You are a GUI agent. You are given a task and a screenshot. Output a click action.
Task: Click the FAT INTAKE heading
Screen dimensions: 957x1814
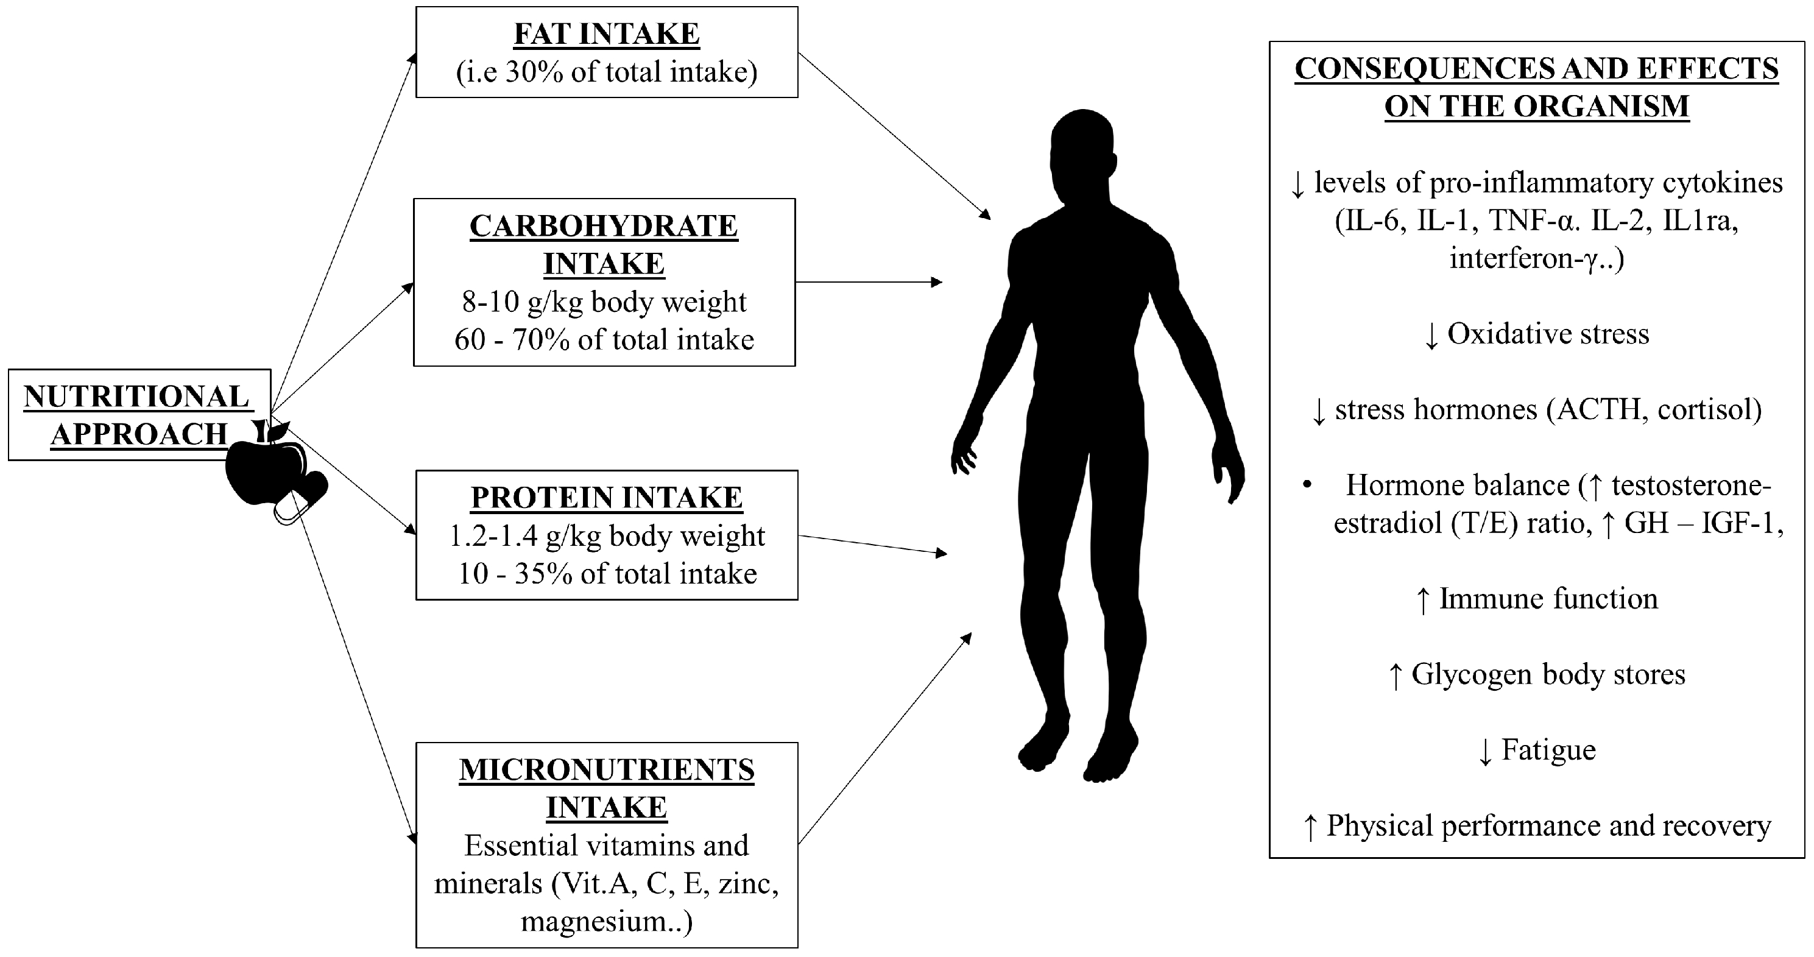point(606,34)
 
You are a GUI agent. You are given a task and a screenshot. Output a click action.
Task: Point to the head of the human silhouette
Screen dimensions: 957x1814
point(1083,152)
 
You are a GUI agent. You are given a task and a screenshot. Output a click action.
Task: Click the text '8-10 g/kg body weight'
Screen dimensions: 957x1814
point(604,302)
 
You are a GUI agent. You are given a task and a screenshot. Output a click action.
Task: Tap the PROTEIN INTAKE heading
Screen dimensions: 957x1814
point(606,497)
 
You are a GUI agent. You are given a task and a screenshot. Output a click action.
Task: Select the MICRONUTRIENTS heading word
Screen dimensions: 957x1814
point(606,770)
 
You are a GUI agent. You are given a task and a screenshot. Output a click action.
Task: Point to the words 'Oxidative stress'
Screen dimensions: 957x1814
point(1548,334)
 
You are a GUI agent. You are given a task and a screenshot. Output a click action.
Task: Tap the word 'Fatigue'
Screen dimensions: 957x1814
point(1548,750)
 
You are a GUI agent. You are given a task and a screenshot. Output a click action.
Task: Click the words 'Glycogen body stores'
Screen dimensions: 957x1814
point(1548,674)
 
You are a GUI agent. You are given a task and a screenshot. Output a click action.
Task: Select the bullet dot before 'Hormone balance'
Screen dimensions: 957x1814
point(1307,485)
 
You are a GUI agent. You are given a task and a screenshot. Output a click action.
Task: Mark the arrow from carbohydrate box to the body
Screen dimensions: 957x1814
point(870,283)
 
